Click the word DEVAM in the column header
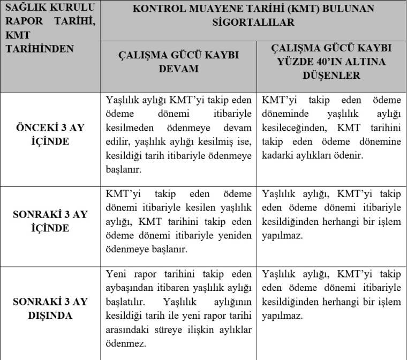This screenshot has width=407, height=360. [179, 69]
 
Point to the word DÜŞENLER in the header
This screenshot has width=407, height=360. [331, 76]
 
